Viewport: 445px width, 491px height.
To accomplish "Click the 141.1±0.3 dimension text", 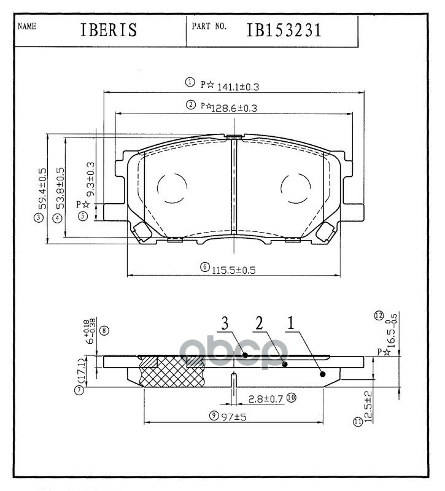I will (234, 87).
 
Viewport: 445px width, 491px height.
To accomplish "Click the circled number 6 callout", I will (204, 268).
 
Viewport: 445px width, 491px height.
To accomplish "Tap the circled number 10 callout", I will (291, 398).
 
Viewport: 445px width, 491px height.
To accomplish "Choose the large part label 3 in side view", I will (225, 322).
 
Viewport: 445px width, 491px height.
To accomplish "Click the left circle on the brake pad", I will (172, 187).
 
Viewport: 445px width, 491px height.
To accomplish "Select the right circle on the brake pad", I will (295, 187).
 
